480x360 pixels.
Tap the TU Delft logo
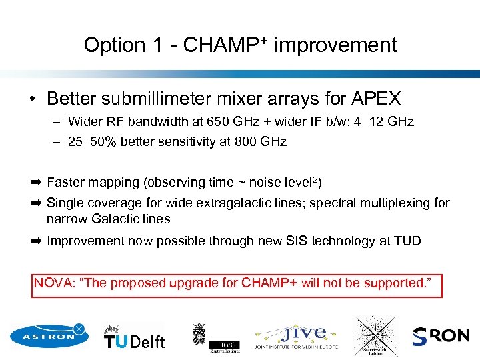coord(134,338)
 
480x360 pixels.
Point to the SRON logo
coord(441,336)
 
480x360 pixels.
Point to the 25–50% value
coord(93,141)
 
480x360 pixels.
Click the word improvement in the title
coord(335,45)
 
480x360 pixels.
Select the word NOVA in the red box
coord(55,283)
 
